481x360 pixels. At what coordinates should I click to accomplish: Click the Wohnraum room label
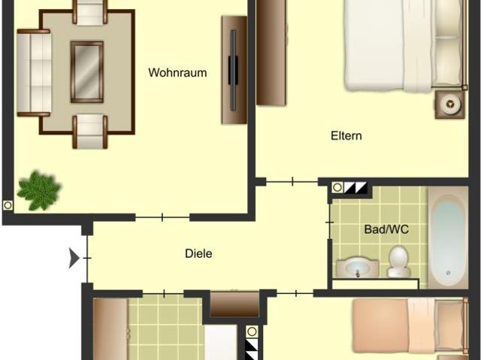177,73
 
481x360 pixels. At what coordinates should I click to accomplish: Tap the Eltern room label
346,136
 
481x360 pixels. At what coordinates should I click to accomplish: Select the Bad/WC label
386,229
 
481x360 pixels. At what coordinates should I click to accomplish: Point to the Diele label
198,254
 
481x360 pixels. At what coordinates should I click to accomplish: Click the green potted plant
38,190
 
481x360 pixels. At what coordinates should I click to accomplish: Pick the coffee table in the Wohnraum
87,71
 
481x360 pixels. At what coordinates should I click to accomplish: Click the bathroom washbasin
358,266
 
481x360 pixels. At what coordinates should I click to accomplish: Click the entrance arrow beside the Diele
74,259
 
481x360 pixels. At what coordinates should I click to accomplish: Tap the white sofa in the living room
33,73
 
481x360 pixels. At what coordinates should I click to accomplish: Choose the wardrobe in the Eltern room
271,53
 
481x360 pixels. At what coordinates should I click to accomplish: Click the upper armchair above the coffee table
90,12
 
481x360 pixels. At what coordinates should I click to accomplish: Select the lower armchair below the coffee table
89,130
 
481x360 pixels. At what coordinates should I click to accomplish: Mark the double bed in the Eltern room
402,45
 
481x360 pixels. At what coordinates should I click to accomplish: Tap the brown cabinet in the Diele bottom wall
234,304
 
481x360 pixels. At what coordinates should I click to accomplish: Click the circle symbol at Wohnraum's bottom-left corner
8,205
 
